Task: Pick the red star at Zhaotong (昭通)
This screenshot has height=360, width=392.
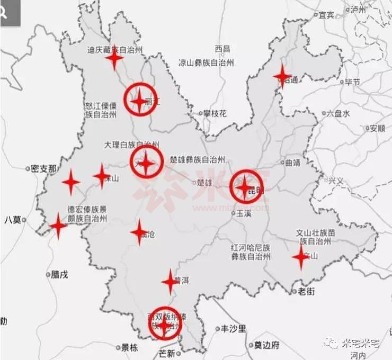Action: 282,77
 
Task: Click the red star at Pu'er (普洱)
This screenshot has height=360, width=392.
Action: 171,282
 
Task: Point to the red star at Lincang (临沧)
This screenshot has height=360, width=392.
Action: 139,232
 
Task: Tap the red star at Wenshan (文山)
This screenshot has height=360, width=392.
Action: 301,257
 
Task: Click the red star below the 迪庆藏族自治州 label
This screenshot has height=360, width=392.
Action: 114,58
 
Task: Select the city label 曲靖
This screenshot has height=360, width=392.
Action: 292,163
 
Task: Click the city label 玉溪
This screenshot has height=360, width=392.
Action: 243,213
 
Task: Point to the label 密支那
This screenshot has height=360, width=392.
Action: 43,169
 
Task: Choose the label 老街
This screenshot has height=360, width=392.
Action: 306,291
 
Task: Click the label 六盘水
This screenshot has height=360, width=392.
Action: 338,113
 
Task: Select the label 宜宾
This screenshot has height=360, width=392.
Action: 326,15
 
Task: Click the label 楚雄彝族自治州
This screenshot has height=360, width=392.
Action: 198,159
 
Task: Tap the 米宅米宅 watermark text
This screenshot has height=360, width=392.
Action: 362,344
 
